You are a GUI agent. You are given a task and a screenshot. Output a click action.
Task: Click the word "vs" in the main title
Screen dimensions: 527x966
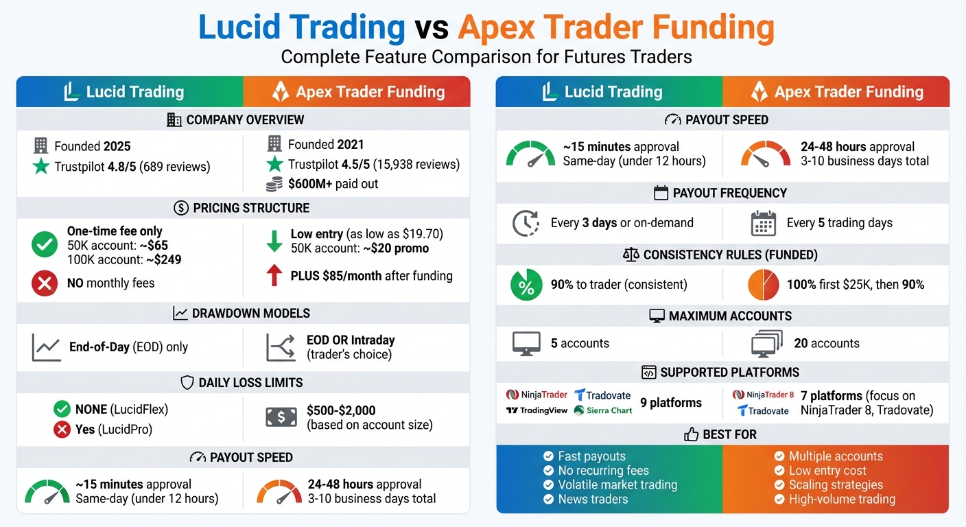tap(431, 27)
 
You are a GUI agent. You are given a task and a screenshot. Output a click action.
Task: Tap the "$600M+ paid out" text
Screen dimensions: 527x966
tap(333, 184)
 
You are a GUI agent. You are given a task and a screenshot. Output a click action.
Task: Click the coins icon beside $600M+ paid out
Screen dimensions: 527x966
tap(274, 184)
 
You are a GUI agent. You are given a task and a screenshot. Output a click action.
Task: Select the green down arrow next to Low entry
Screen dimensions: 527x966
tap(274, 241)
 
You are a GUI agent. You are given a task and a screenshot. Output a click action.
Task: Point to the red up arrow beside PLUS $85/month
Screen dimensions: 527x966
tap(274, 276)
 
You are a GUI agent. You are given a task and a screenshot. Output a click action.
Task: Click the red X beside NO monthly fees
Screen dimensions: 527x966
tap(45, 283)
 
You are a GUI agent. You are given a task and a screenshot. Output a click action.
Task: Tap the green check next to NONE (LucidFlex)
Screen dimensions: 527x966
tap(62, 410)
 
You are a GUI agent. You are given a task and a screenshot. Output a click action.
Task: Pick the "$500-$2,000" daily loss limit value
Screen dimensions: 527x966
tap(341, 410)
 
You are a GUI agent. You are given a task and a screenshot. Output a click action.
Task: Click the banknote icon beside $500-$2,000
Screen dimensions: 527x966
tap(281, 417)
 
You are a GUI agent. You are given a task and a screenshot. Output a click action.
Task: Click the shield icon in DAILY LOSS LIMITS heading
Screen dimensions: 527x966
tap(187, 383)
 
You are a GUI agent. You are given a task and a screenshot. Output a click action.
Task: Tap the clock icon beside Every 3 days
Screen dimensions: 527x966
tap(526, 223)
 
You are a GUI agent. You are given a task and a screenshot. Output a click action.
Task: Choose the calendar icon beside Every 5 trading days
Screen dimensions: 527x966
tap(763, 223)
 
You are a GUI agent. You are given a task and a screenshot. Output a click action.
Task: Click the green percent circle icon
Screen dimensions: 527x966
tap(526, 285)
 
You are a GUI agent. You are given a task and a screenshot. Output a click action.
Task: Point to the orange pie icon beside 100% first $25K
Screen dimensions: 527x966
tap(763, 285)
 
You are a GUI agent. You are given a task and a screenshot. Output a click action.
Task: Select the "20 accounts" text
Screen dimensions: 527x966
tap(826, 343)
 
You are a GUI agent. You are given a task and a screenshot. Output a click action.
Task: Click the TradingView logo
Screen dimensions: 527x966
tap(536, 410)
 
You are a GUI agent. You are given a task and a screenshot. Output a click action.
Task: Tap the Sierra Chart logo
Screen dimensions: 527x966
tap(603, 410)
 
